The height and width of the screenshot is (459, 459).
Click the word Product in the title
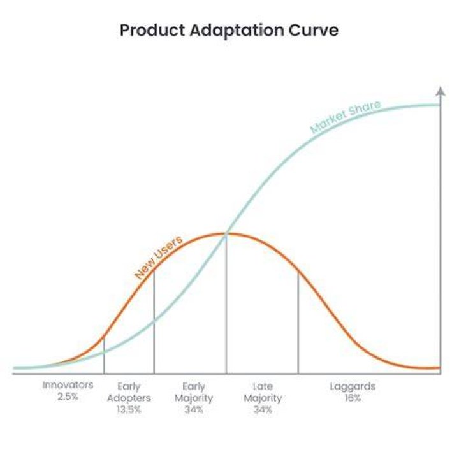(x=152, y=31)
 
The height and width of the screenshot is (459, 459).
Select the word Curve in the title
(x=314, y=31)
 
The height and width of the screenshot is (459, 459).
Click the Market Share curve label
(x=346, y=117)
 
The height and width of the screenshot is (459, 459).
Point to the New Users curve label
(x=158, y=257)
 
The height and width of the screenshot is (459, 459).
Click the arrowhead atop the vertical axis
(x=441, y=91)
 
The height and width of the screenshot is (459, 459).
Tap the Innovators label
(x=68, y=385)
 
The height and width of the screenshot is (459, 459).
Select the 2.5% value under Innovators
(x=68, y=397)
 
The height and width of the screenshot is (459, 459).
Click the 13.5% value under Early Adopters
(x=129, y=409)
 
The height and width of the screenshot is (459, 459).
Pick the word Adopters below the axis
(x=129, y=398)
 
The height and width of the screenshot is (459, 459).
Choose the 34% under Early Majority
(x=194, y=409)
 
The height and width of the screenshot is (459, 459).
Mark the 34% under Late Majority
(x=263, y=409)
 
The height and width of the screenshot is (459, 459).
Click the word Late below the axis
(x=263, y=386)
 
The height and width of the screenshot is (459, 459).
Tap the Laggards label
(x=353, y=387)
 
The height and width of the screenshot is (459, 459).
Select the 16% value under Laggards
(x=353, y=398)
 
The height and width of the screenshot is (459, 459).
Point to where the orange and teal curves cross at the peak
(x=226, y=233)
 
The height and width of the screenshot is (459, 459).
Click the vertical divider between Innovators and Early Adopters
(x=104, y=355)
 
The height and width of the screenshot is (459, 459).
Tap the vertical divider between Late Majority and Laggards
(x=298, y=323)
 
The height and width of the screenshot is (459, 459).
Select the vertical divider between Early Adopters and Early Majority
(x=154, y=322)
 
